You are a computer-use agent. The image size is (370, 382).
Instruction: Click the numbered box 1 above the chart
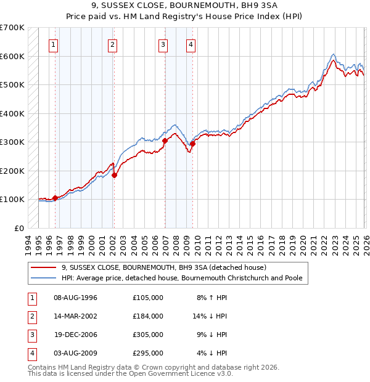pyautogui.click(x=54, y=44)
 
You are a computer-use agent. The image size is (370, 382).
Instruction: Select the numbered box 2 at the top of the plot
pyautogui.click(x=112, y=44)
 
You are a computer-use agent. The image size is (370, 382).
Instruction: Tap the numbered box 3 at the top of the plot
pyautogui.click(x=163, y=44)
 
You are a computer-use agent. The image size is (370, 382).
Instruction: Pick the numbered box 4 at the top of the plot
pyautogui.click(x=191, y=44)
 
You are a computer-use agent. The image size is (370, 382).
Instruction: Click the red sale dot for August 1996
pyautogui.click(x=55, y=198)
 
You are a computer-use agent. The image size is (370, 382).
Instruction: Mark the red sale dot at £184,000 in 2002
pyautogui.click(x=114, y=175)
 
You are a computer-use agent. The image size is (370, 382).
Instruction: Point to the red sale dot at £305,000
pyautogui.click(x=165, y=140)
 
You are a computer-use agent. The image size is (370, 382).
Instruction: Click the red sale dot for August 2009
pyautogui.click(x=192, y=144)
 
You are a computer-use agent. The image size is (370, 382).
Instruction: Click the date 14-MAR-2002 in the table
pyautogui.click(x=76, y=316)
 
